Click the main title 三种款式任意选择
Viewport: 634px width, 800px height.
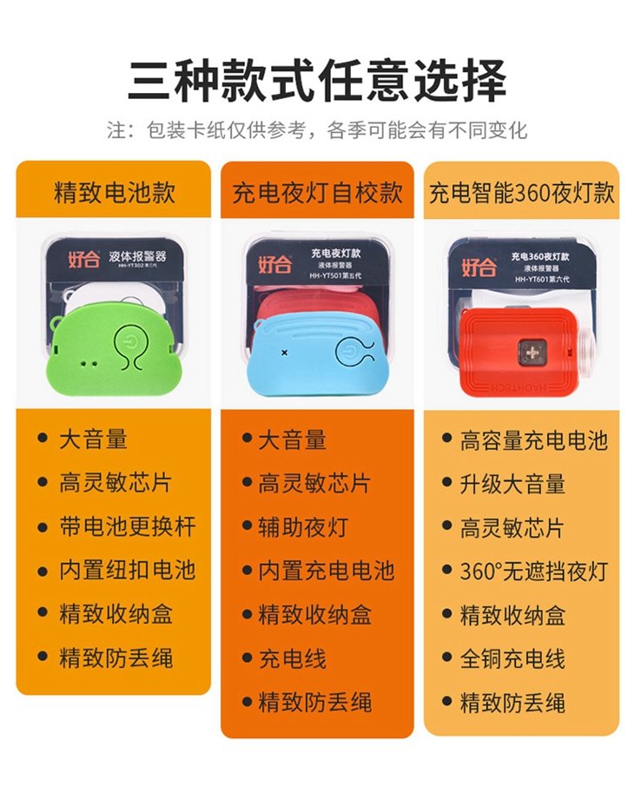(x=317, y=80)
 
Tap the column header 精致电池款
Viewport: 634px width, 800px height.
(x=115, y=192)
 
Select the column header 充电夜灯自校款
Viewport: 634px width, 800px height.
(x=317, y=193)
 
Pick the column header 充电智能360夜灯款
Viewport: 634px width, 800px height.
(x=521, y=193)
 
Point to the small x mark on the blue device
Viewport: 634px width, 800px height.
(x=285, y=353)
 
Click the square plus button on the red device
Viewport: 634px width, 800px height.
(x=532, y=353)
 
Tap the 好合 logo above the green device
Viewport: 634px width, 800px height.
(x=84, y=259)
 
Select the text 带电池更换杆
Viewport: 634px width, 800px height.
(x=128, y=526)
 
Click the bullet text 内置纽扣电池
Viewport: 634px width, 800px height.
(x=128, y=570)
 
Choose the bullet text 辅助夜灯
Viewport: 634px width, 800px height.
(x=303, y=527)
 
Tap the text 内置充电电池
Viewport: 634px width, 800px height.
(x=327, y=571)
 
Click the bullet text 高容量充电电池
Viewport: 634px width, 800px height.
(x=534, y=440)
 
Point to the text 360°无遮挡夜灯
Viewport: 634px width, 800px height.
(x=534, y=572)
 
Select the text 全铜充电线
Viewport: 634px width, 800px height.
(x=512, y=658)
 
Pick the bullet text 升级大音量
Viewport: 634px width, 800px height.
(x=512, y=484)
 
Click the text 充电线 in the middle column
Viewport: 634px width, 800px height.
(x=293, y=658)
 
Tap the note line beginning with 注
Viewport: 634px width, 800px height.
(x=317, y=130)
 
